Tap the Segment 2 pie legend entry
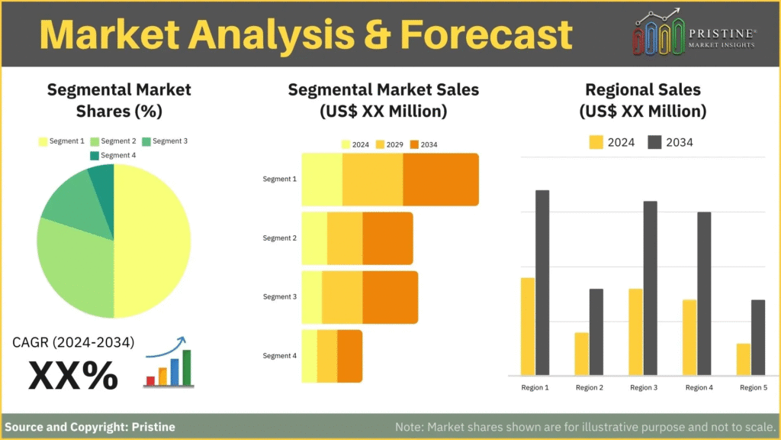[x=113, y=141]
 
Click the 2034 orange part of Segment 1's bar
[x=441, y=180]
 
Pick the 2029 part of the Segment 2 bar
[x=345, y=238]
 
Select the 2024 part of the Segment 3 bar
[x=312, y=297]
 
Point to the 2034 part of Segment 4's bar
[x=349, y=356]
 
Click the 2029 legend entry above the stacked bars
[x=390, y=144]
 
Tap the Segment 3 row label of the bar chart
[x=279, y=297]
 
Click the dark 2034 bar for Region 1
[x=542, y=283]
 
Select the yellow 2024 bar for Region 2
[x=581, y=354]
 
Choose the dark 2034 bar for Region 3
[x=650, y=288]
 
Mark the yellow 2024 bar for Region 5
[x=743, y=359]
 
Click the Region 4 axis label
[x=699, y=387]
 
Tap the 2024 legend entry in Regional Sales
[x=612, y=143]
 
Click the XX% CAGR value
[x=73, y=375]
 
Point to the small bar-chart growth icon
[x=169, y=362]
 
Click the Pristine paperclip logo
[x=658, y=32]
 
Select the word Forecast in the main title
[x=486, y=34]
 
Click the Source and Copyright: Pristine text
[x=90, y=427]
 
